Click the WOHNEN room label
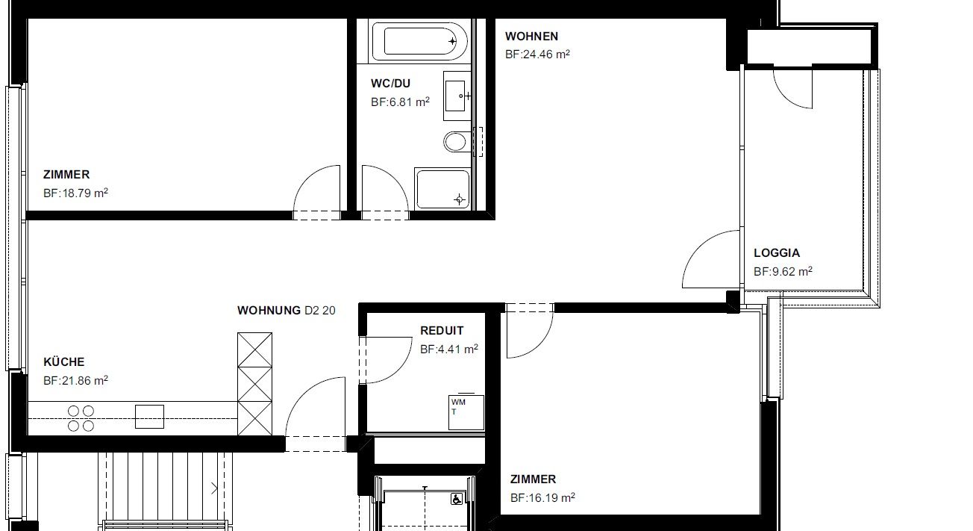tap(531, 36)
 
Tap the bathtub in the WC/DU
tap(420, 41)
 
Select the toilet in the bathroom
tap(457, 142)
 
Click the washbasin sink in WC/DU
tap(457, 96)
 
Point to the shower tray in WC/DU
tap(442, 189)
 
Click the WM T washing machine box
tap(466, 412)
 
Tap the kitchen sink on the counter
tap(149, 417)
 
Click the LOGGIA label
tap(777, 252)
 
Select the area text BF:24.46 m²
tap(537, 55)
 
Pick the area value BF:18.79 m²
tap(75, 193)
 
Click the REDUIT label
tap(442, 331)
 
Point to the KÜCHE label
tap(64, 361)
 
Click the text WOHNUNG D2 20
tap(287, 310)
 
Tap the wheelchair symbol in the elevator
tap(457, 499)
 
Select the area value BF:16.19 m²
tap(542, 497)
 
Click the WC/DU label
tap(390, 83)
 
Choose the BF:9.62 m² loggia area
tap(783, 271)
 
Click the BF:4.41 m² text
tap(449, 350)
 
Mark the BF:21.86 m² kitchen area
tap(75, 381)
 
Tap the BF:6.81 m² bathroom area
tap(400, 102)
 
